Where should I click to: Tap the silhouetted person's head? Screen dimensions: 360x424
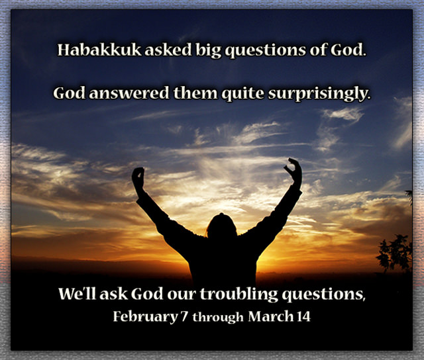[221, 227]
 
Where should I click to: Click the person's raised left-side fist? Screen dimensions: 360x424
[138, 177]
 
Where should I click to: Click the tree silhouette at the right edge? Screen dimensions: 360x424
[396, 251]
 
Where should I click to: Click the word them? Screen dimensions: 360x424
[191, 94]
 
